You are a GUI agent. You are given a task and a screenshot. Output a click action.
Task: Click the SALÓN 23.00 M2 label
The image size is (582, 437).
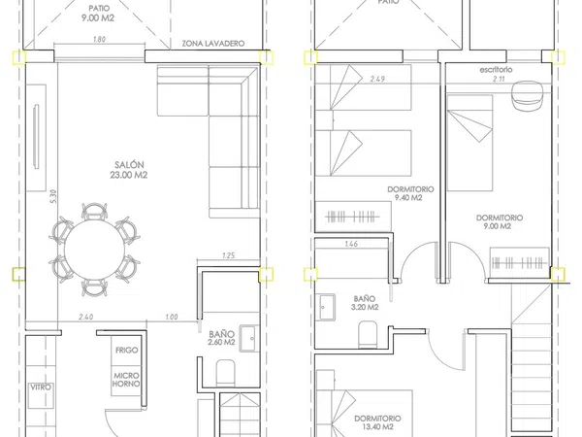click(129, 170)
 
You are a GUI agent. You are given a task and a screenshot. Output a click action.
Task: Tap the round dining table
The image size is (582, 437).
click(94, 250)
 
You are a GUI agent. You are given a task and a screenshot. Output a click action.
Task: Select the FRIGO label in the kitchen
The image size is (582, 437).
click(126, 350)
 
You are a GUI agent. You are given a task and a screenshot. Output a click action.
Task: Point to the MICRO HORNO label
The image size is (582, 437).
click(126, 380)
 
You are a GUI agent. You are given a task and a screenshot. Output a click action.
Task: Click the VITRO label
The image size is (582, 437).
click(41, 387)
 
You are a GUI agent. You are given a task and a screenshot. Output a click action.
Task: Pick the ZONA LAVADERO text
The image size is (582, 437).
click(213, 44)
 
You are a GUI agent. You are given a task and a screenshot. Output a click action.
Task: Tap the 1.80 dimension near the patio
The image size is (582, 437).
click(99, 39)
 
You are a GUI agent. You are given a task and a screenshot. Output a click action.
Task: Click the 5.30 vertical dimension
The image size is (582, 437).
click(53, 196)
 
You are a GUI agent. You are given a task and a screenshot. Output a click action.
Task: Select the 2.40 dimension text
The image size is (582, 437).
click(85, 317)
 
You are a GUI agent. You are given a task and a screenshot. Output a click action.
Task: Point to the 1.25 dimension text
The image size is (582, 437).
click(228, 255)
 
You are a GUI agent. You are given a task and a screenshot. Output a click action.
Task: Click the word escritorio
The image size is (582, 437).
click(496, 70)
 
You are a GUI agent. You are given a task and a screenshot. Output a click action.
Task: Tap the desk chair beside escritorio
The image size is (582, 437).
click(527, 95)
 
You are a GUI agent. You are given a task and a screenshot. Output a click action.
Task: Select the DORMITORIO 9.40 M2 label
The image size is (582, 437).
click(410, 193)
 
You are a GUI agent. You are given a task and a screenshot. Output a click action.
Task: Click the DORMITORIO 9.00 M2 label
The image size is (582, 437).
click(500, 221)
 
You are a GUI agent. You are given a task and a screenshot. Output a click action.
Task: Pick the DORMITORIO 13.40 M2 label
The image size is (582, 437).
click(377, 422)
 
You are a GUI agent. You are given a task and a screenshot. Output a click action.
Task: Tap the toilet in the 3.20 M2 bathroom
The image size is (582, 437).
click(368, 334)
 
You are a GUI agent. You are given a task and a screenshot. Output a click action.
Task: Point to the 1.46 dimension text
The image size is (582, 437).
click(351, 244)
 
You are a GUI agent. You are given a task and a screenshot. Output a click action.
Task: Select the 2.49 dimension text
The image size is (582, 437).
click(377, 79)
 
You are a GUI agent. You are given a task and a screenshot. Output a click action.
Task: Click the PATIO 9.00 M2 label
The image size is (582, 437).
click(98, 13)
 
